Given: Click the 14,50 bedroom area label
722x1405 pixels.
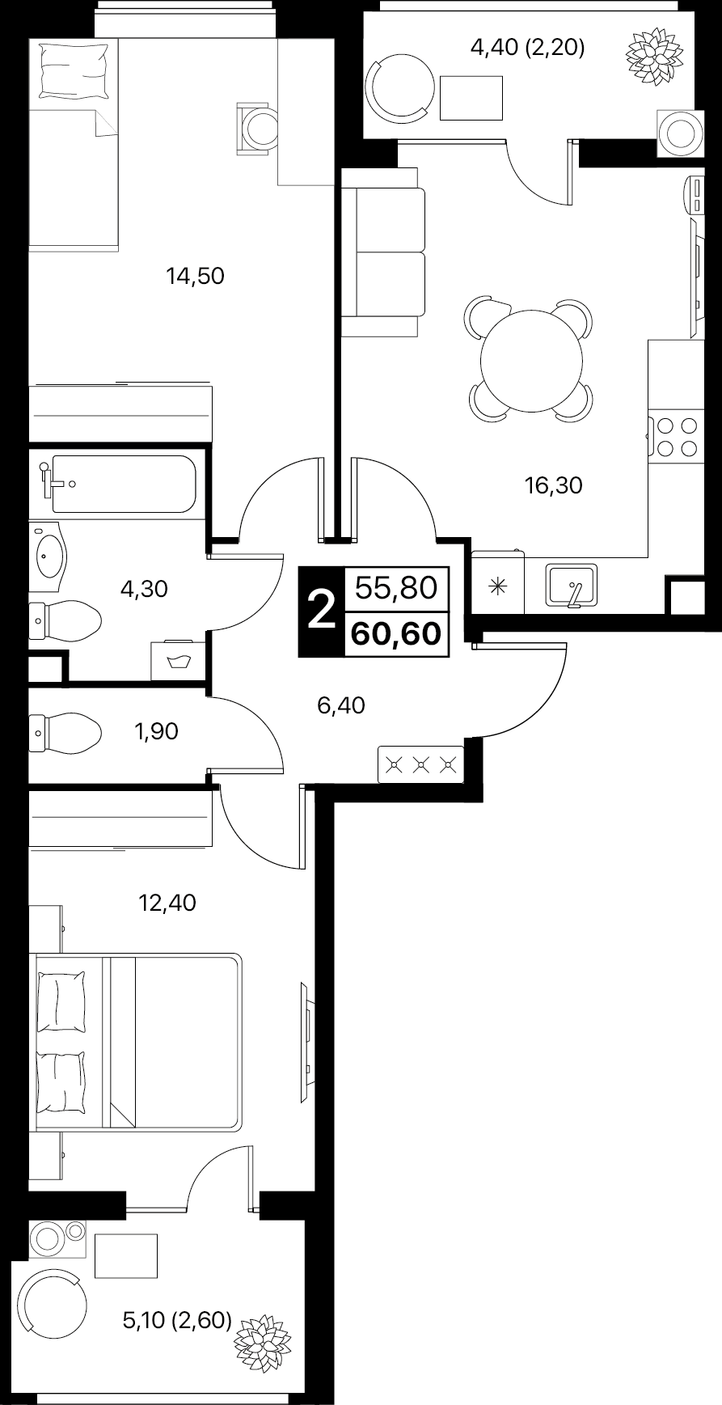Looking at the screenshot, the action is click(195, 277).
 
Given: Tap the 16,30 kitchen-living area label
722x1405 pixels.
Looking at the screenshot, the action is click(554, 485).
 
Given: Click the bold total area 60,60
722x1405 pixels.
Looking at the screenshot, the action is click(395, 633).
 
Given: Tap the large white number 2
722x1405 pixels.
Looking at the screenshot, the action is click(322, 610).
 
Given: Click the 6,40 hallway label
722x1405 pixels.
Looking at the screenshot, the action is click(341, 706).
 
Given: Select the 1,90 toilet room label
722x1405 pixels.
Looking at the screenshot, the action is click(156, 732).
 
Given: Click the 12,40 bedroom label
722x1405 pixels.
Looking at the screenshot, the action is click(167, 902).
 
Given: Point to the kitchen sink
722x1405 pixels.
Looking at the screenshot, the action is click(572, 585).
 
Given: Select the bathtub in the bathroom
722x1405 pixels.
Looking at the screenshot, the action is click(124, 484).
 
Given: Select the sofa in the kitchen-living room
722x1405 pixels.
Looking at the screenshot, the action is click(383, 252).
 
